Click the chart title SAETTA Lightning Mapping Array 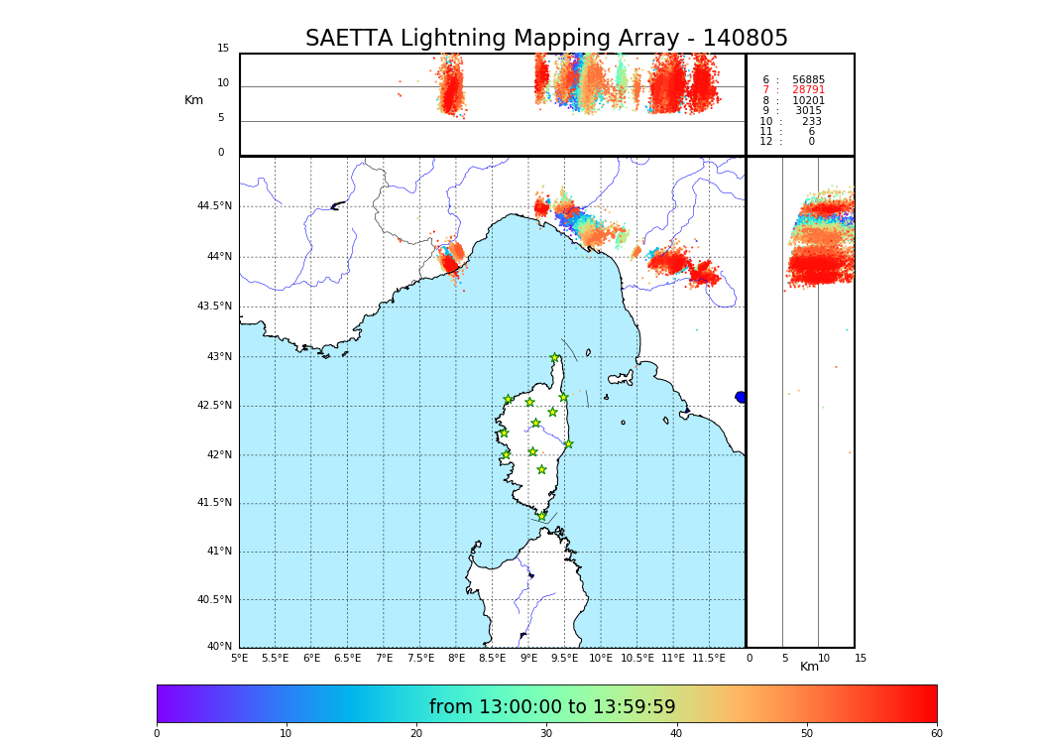click(x=546, y=39)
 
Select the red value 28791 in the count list click(x=808, y=90)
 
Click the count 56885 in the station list click(x=808, y=80)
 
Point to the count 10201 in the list click(x=808, y=101)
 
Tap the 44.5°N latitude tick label click(x=214, y=206)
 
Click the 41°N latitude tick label click(x=217, y=552)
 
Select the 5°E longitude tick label click(x=239, y=658)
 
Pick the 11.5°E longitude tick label click(x=708, y=658)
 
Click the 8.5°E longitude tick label click(x=493, y=658)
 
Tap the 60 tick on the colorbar click(x=936, y=734)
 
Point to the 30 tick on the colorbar click(x=546, y=734)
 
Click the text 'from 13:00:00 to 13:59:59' click(x=552, y=707)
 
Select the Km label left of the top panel click(x=194, y=100)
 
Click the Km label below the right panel click(x=810, y=667)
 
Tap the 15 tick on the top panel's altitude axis click(x=223, y=49)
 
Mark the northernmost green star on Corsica click(x=555, y=358)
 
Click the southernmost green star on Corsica click(x=541, y=516)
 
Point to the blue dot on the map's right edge click(x=741, y=397)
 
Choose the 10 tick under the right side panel click(x=824, y=658)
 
